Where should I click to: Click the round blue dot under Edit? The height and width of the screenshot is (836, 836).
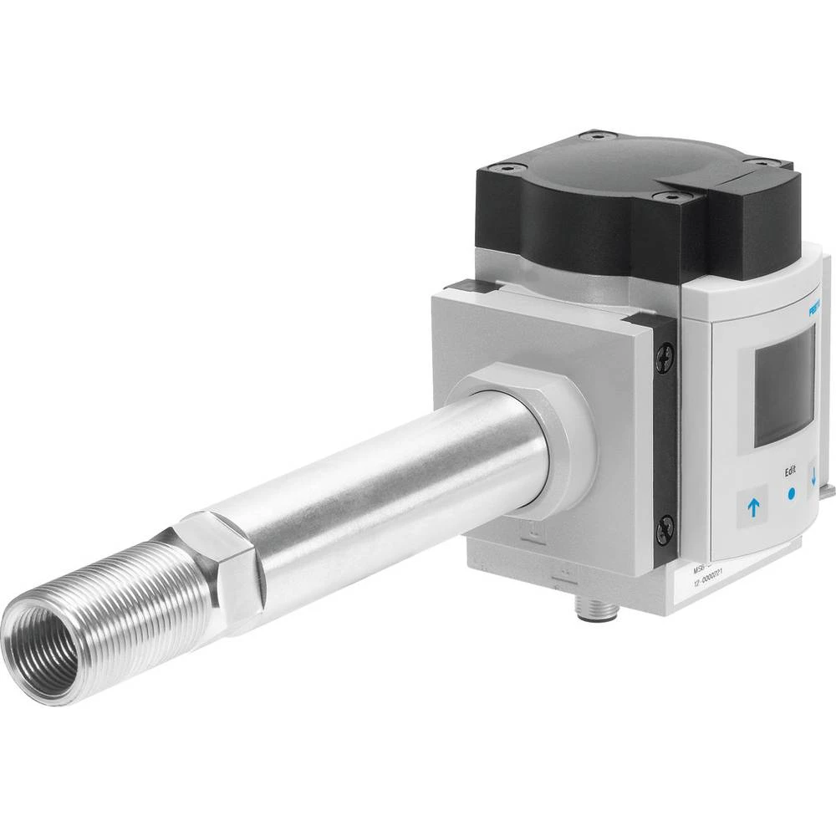point(790,494)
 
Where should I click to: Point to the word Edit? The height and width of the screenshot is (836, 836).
point(790,472)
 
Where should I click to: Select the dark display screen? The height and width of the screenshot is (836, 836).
point(784,386)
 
